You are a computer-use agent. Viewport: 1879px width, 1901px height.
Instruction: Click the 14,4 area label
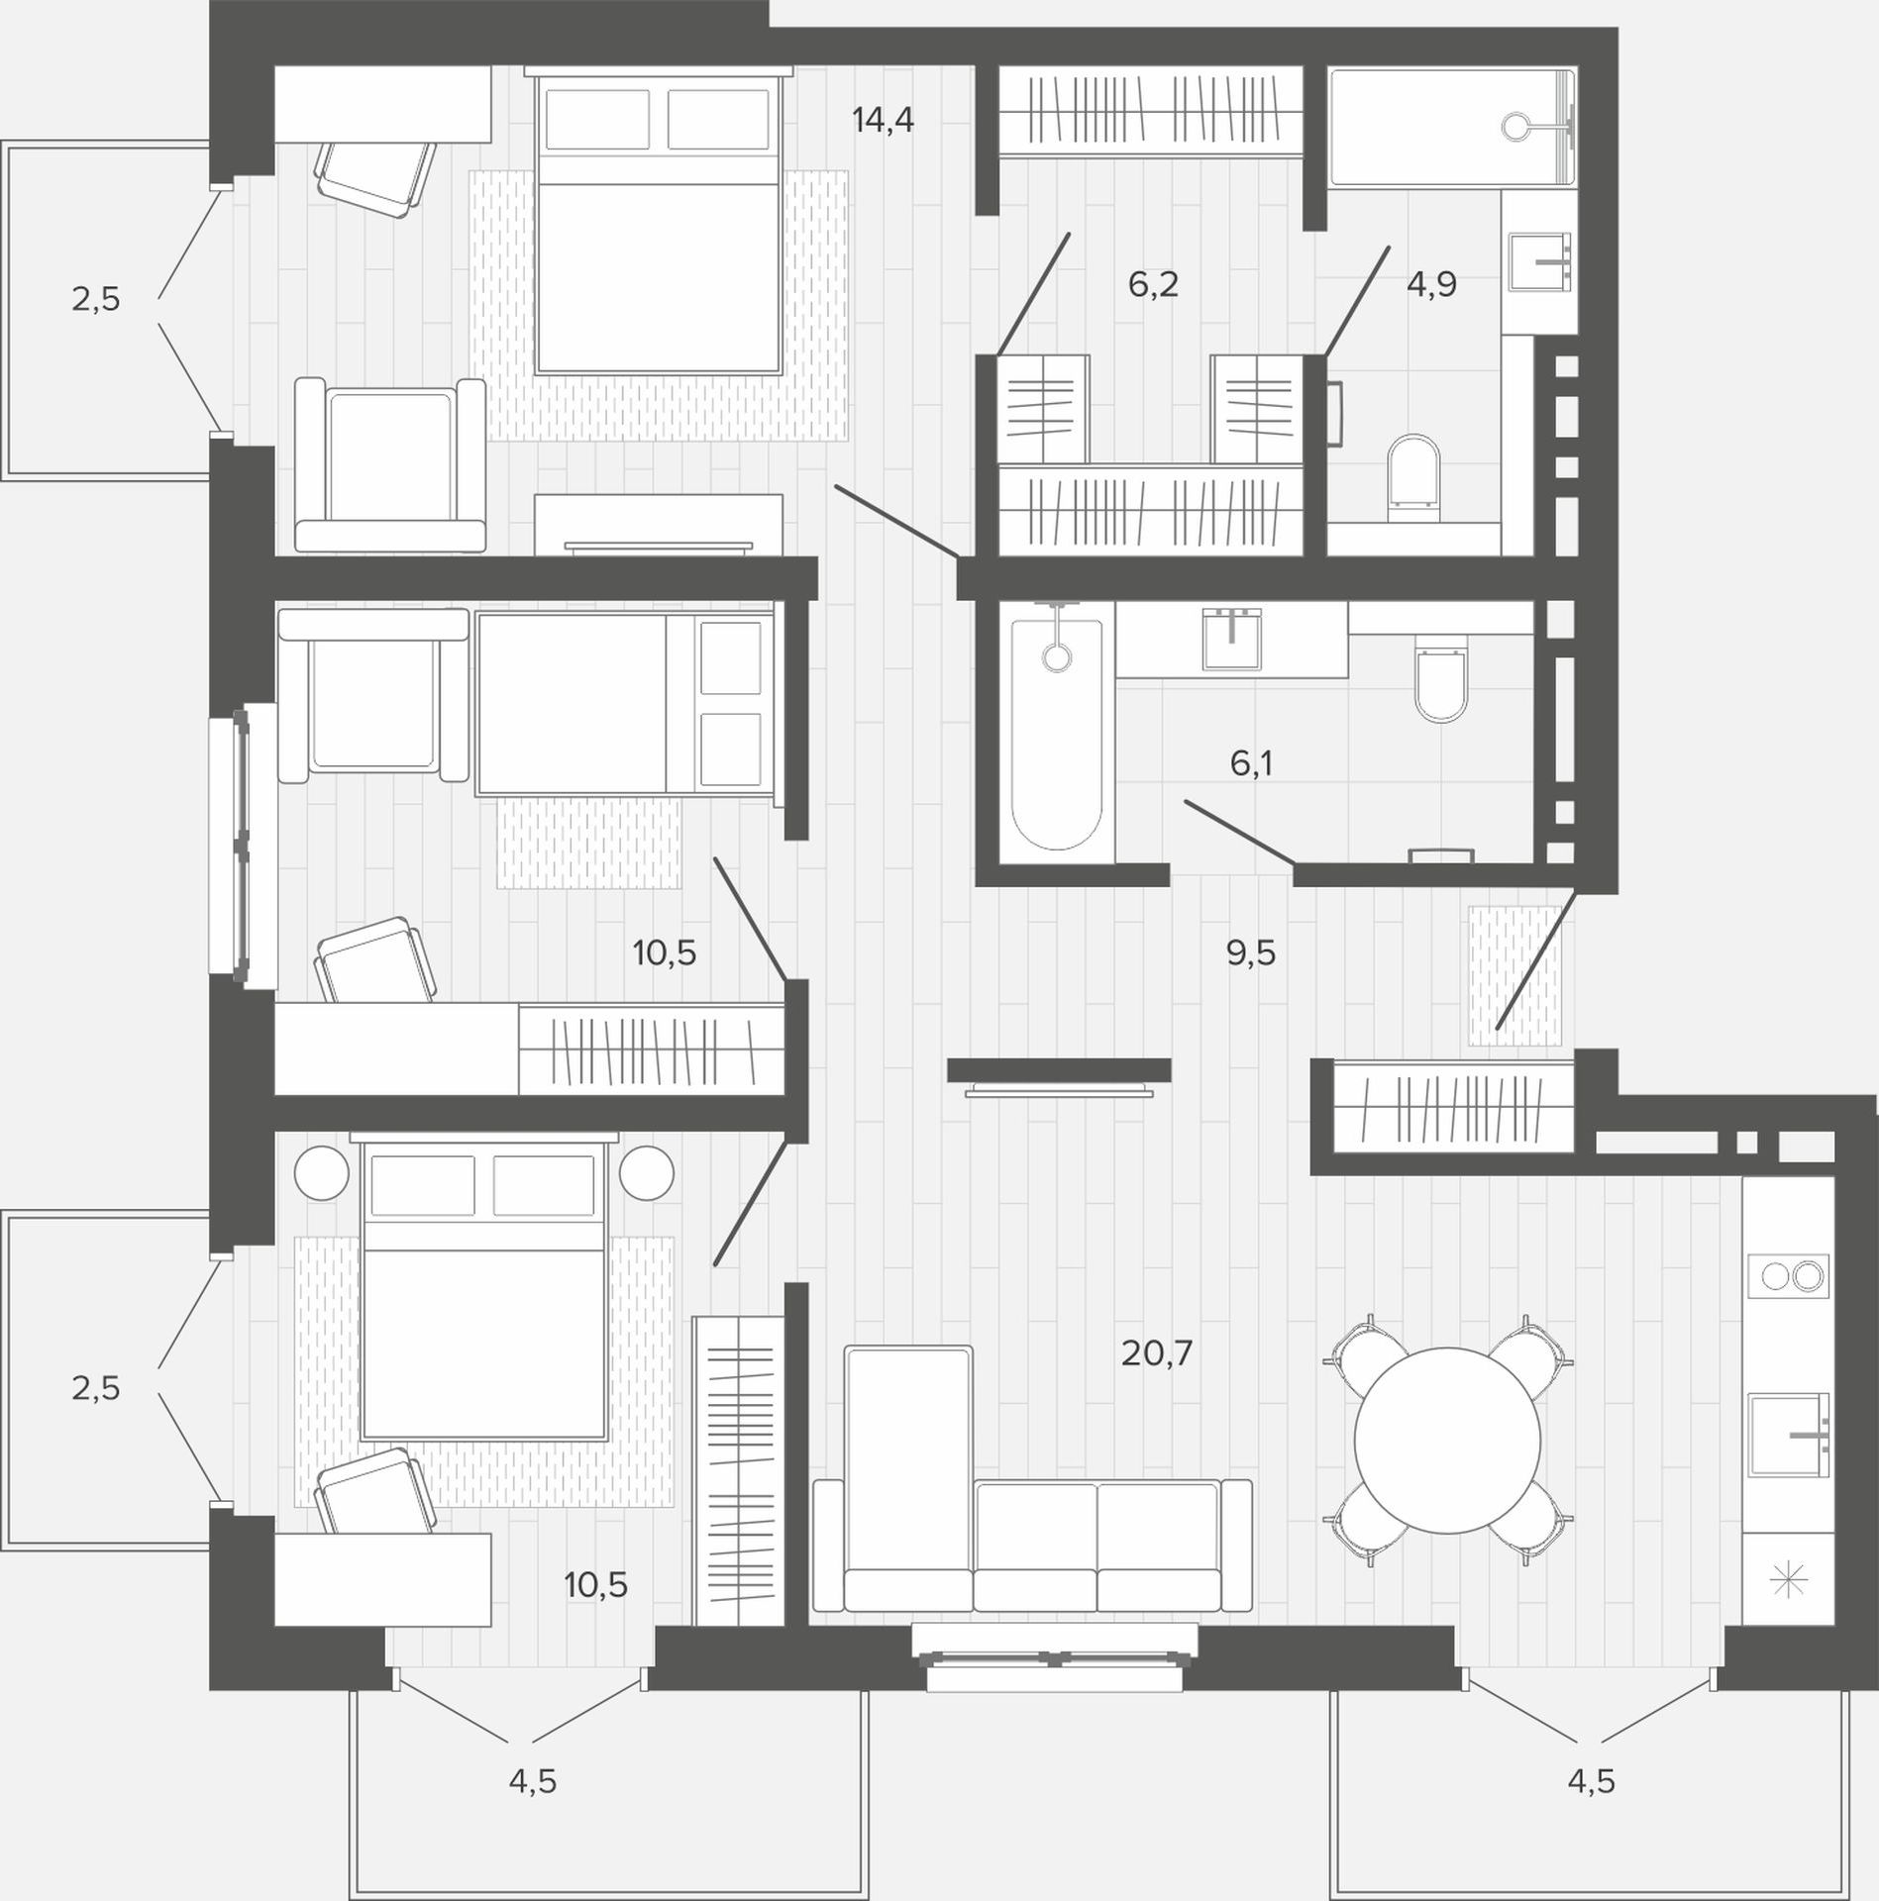click(883, 121)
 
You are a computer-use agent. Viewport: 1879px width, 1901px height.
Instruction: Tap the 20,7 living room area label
click(1156, 1352)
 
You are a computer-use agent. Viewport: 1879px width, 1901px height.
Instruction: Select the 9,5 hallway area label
click(1251, 953)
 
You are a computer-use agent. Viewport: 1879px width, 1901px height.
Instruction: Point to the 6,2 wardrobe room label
click(1153, 285)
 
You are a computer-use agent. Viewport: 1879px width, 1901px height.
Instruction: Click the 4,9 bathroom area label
click(1431, 285)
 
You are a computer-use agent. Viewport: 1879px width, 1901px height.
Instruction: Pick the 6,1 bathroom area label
click(1251, 763)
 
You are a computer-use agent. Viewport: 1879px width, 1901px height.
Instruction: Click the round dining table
click(1447, 1441)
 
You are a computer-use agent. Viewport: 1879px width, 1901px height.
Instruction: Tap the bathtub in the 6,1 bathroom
click(1057, 734)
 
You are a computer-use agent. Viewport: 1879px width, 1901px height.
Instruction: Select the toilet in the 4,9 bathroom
click(1411, 479)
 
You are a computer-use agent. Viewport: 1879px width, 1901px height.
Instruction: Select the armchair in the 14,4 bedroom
click(390, 464)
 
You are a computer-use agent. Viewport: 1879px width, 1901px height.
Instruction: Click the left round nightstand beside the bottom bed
click(322, 1173)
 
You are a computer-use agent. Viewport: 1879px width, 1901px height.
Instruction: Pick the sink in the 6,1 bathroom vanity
click(1231, 639)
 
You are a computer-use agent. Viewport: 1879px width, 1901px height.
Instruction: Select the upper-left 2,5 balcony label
click(95, 298)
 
